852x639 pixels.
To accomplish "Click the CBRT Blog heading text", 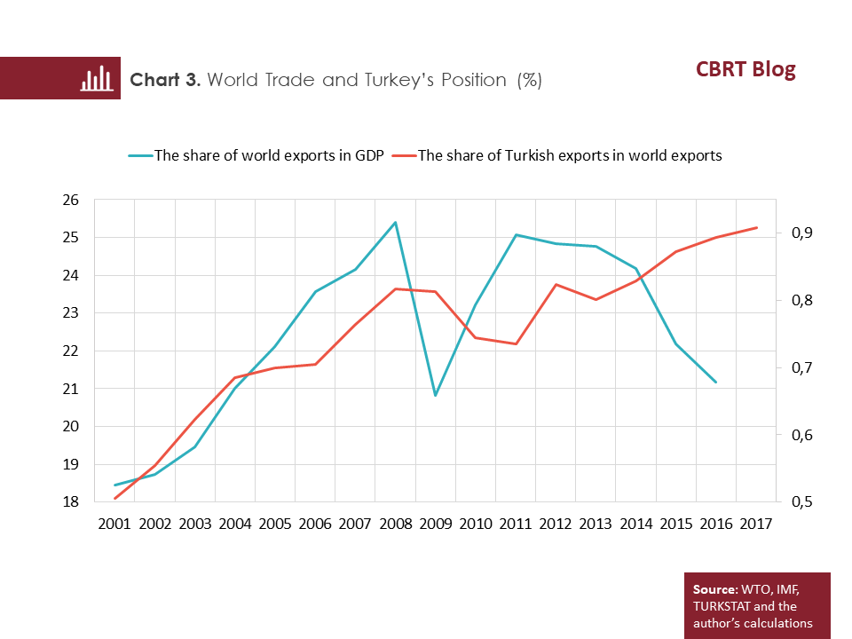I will tap(745, 70).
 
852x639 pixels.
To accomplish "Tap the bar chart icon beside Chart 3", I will tap(95, 79).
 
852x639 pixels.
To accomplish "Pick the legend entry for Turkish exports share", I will tap(569, 155).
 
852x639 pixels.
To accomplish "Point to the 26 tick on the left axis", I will tap(72, 200).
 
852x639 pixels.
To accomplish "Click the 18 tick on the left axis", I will tap(72, 502).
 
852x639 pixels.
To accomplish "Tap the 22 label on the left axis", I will tap(72, 351).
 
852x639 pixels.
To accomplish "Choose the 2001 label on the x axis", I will tap(114, 524).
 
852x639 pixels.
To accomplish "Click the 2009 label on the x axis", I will tap(435, 524).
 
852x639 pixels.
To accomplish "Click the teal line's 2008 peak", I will tap(395, 222).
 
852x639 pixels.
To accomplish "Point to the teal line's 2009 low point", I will tap(435, 395).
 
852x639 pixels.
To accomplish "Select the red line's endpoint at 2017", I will tap(755, 228).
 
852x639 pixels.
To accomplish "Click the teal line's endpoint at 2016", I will tap(715, 382).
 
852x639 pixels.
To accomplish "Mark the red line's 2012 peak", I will tap(556, 285).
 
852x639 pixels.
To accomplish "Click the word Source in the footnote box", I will tap(714, 589).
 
